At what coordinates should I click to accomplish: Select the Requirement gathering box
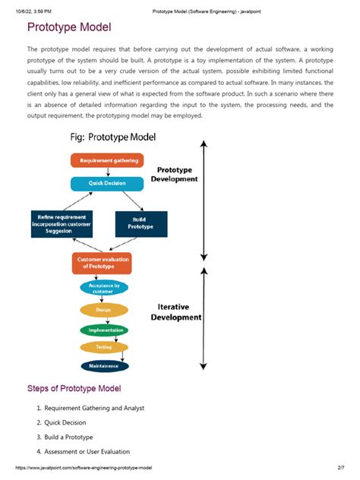click(x=107, y=160)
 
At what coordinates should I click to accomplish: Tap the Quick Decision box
click(x=106, y=184)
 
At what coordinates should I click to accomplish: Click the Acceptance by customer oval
click(x=105, y=289)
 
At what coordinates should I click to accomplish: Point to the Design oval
click(x=105, y=310)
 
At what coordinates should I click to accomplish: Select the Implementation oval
click(x=105, y=330)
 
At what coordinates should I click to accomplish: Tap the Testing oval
click(x=105, y=347)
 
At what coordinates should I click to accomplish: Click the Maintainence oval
click(x=105, y=366)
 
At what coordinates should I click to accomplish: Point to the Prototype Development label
click(x=174, y=175)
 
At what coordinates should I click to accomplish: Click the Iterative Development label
click(x=175, y=312)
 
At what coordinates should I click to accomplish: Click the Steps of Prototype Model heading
click(x=74, y=389)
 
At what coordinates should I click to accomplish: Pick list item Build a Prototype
click(x=68, y=437)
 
